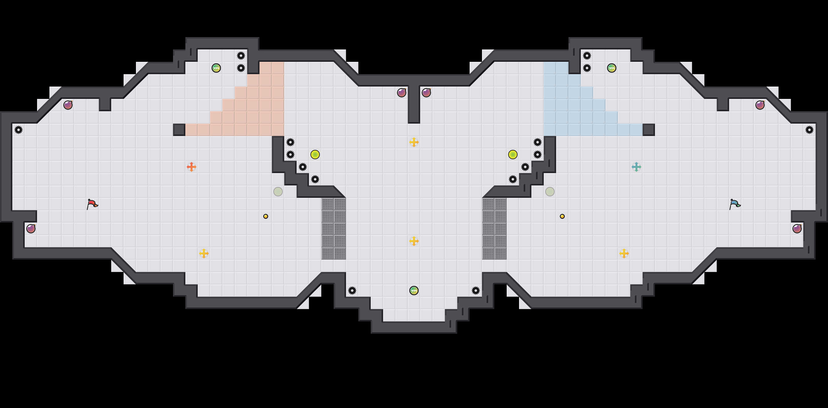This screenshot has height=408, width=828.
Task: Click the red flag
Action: (92, 204)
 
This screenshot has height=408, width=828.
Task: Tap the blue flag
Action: (735, 204)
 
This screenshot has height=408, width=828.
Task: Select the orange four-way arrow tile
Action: (191, 167)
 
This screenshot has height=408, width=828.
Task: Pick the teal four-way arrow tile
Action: (636, 167)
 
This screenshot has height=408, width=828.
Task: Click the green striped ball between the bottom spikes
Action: (414, 291)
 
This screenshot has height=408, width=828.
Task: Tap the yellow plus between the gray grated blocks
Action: (414, 241)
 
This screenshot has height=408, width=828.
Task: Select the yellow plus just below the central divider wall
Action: (414, 142)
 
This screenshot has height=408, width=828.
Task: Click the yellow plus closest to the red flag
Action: (204, 253)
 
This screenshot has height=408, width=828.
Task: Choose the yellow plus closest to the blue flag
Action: (624, 253)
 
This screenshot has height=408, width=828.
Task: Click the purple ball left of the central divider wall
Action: (401, 93)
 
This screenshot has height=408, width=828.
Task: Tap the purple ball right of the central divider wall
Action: (426, 93)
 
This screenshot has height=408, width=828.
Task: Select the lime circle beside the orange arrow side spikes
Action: (315, 155)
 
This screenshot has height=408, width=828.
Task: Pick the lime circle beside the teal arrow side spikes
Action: (513, 155)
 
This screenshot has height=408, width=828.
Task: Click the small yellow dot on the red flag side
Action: (265, 216)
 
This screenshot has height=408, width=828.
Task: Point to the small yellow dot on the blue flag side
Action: (562, 216)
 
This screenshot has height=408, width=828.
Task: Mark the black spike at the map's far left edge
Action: (19, 130)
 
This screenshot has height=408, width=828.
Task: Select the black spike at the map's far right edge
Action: (809, 130)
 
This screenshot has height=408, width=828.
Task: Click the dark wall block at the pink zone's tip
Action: (179, 130)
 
